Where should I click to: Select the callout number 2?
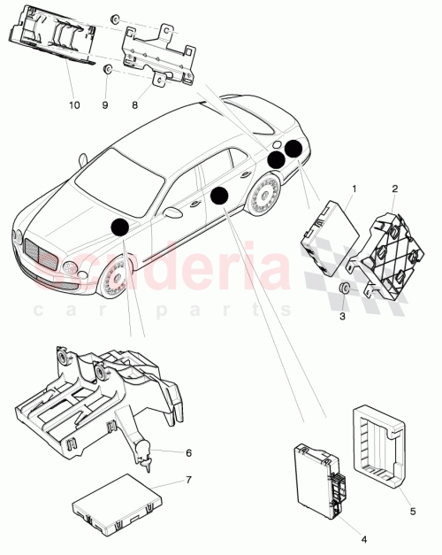(x=394, y=189)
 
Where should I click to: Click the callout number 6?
(x=187, y=452)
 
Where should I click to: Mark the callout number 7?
(x=187, y=480)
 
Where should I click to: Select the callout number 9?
(x=105, y=104)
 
